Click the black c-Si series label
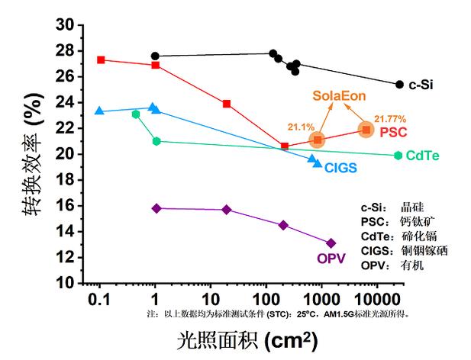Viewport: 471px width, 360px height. point(422,85)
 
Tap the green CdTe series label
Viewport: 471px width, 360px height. point(422,156)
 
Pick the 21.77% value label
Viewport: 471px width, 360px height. point(389,119)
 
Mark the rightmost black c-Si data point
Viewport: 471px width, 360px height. point(399,84)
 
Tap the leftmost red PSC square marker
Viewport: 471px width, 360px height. point(101,59)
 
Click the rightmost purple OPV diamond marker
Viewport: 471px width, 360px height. point(331,243)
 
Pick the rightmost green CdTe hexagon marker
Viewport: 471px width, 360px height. point(398,155)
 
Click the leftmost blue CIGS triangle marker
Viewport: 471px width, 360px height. point(99,111)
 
